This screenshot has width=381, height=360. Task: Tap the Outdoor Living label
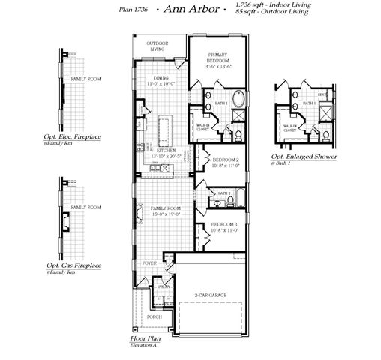coord(157,46)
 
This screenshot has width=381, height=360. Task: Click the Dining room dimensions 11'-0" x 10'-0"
coord(161,84)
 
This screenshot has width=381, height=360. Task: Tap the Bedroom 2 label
coord(225,160)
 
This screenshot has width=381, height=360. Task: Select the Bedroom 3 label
coord(225,225)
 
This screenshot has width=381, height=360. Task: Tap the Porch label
coord(154,316)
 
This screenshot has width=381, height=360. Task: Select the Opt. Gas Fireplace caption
coord(73,265)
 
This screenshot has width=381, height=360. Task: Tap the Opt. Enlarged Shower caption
coord(304,157)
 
